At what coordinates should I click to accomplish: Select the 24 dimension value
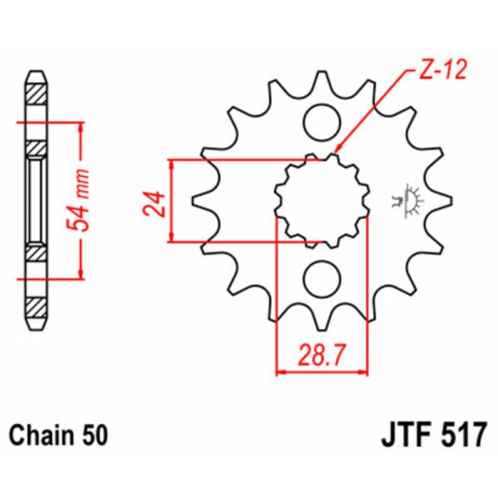(155, 201)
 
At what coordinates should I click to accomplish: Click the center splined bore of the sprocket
(320, 201)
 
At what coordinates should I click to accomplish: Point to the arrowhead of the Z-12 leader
(337, 151)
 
